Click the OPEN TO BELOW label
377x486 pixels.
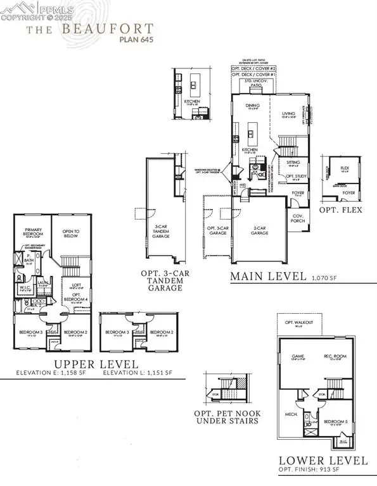pos(71,232)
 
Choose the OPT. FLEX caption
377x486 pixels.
pos(342,209)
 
